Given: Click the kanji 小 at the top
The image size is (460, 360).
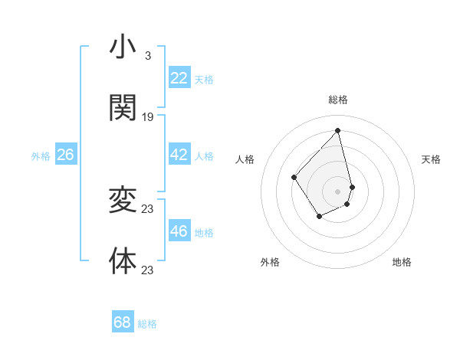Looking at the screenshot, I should (x=123, y=47).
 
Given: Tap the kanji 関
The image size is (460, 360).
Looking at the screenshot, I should (x=123, y=108).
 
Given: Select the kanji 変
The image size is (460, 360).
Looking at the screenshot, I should (x=123, y=201).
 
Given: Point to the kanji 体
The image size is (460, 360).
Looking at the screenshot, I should (x=123, y=261).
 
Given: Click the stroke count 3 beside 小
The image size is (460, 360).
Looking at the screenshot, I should (x=147, y=55).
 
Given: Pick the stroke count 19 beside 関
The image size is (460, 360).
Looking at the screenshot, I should (x=148, y=116).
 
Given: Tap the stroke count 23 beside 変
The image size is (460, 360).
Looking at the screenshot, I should (x=148, y=208).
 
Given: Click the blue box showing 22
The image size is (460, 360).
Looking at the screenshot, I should (x=179, y=78).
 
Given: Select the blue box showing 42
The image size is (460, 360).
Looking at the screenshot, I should (x=179, y=155).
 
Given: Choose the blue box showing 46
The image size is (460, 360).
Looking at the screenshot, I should (x=179, y=231).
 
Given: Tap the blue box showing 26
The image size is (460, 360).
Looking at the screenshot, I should (x=65, y=155).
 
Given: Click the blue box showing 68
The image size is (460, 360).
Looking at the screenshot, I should (x=123, y=322).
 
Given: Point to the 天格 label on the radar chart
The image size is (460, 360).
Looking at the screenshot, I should (x=431, y=159).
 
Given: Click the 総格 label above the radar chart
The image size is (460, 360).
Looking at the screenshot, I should (x=337, y=100).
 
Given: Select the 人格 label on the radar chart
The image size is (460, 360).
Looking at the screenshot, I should (x=245, y=159).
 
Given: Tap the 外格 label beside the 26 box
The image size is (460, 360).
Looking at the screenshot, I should (x=41, y=156).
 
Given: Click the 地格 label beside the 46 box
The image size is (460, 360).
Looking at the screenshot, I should (x=204, y=233).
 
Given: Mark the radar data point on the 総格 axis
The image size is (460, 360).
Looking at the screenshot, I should (x=337, y=130).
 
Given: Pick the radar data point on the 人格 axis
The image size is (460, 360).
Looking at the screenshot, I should (x=294, y=178).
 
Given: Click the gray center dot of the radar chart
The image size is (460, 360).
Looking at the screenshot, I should (x=337, y=191).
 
